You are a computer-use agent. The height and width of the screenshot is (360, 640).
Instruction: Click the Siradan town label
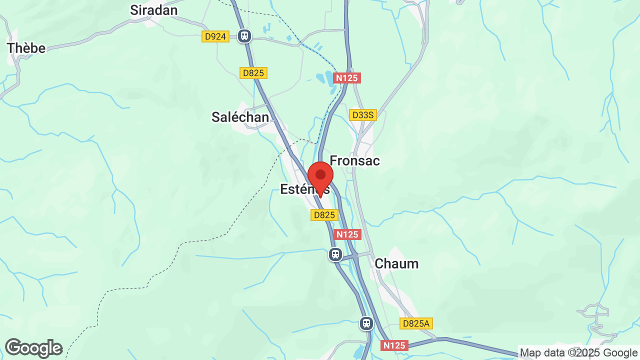pyautogui.click(x=153, y=10)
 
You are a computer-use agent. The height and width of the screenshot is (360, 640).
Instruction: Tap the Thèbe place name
pyautogui.click(x=26, y=48)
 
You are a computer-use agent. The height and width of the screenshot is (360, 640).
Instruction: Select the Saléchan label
pyautogui.click(x=240, y=117)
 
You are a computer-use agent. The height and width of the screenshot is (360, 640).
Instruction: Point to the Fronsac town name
pyautogui.click(x=354, y=160)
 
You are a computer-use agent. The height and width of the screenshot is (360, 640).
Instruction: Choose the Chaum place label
pyautogui.click(x=396, y=263)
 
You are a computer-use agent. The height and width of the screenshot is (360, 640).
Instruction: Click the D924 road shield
pyautogui.click(x=215, y=36)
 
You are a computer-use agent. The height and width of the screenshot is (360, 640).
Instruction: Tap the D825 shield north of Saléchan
pyautogui.click(x=253, y=73)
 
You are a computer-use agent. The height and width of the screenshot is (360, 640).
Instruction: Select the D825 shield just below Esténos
pyautogui.click(x=324, y=215)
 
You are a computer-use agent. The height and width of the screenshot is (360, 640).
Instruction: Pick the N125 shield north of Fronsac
pyautogui.click(x=347, y=78)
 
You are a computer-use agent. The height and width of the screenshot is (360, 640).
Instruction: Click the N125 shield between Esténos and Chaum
pyautogui.click(x=347, y=234)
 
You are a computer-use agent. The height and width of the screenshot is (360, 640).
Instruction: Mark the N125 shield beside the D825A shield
pyautogui.click(x=394, y=345)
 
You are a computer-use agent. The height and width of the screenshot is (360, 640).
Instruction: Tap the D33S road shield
pyautogui.click(x=362, y=115)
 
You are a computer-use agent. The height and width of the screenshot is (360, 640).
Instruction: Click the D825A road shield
pyautogui.click(x=416, y=323)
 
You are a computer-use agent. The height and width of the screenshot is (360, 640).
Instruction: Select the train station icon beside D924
pyautogui.click(x=244, y=35)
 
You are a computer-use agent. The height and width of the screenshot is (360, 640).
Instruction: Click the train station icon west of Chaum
pyautogui.click(x=335, y=254)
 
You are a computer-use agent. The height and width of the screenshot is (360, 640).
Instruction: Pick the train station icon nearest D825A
pyautogui.click(x=366, y=323)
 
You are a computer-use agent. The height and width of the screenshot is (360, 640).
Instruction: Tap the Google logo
pyautogui.click(x=33, y=348)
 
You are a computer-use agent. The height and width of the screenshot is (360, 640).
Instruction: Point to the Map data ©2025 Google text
pyautogui.click(x=579, y=352)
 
